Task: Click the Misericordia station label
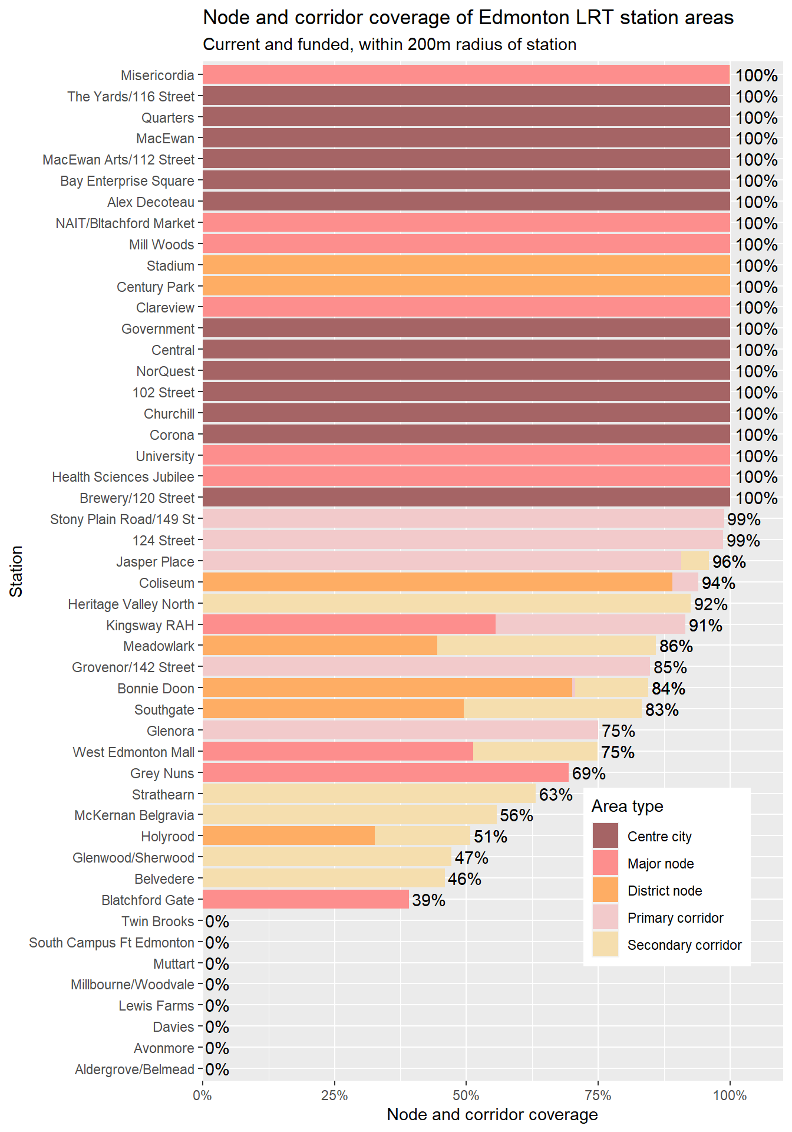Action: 157,75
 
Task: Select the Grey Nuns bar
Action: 385,773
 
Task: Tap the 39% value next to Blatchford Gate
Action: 428,900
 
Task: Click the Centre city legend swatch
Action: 605,836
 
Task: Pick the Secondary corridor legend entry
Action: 684,945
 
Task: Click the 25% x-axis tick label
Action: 334,1095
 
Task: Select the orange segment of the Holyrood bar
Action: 289,836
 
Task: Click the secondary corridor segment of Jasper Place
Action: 695,561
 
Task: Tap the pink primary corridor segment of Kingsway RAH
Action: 590,624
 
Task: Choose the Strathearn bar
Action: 369,794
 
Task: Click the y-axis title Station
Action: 16,571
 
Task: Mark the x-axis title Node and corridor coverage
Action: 492,1115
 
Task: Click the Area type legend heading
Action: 627,807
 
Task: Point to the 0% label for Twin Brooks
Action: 217,922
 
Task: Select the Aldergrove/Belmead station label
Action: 134,1070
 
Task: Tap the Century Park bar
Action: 466,287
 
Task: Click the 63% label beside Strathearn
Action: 556,795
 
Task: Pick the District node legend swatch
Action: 605,890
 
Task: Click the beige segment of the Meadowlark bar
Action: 546,646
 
